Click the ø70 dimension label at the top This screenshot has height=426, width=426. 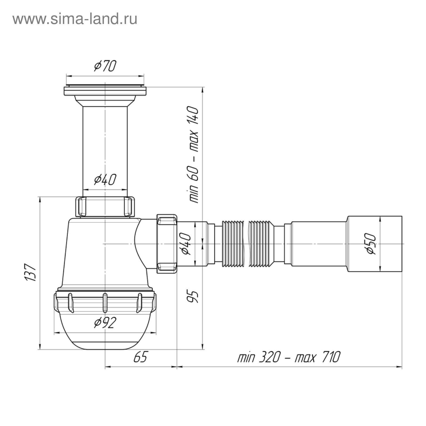[105, 66]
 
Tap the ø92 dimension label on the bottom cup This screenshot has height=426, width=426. [105, 323]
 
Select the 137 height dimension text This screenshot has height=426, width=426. [30, 273]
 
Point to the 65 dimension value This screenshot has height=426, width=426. [140, 357]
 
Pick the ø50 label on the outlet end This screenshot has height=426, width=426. [370, 243]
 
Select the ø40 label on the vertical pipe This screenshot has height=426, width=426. [105, 180]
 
